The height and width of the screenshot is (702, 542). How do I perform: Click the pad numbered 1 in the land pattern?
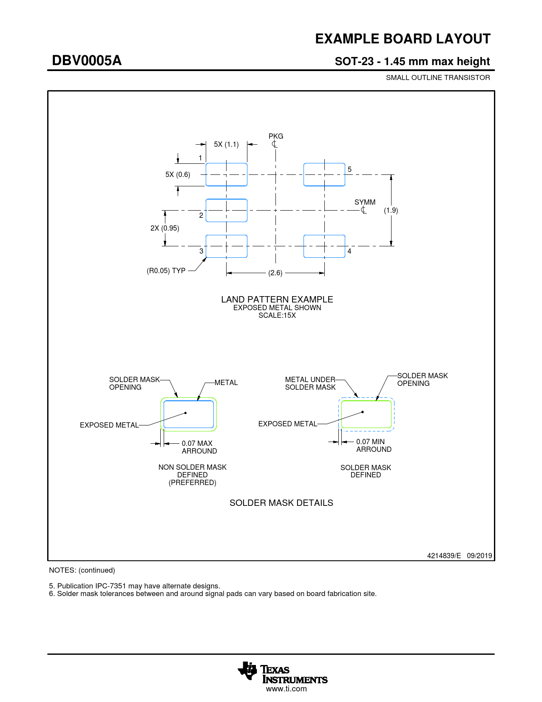tap(226, 174)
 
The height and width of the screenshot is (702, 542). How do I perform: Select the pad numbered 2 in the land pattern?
tap(226, 210)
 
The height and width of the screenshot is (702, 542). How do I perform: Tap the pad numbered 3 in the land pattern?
tap(226, 246)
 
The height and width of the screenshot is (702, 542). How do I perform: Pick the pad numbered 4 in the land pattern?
tap(324, 246)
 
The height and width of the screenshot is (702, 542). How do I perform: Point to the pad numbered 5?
tap(324, 174)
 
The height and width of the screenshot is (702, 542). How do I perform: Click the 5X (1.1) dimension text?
tap(226, 144)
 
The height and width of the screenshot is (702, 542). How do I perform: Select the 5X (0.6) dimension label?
tap(178, 174)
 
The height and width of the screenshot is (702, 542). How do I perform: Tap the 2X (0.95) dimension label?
tap(165, 228)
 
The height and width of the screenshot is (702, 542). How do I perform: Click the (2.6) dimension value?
tap(275, 273)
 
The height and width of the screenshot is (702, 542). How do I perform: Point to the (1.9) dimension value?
tap(391, 210)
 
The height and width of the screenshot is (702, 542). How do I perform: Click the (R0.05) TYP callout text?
tap(166, 271)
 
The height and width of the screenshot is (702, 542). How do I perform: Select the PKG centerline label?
tap(276, 136)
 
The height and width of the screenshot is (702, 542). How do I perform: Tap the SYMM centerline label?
tap(365, 202)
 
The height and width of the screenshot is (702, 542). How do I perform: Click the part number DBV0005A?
tap(87, 60)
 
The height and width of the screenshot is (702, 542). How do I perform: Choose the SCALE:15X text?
tap(277, 315)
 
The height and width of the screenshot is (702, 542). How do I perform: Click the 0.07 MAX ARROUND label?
tap(199, 447)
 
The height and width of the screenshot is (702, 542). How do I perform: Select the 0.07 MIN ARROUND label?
tap(374, 445)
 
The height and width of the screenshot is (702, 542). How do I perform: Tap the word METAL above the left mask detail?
tap(226, 382)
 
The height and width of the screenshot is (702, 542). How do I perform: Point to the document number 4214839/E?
tap(444, 556)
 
